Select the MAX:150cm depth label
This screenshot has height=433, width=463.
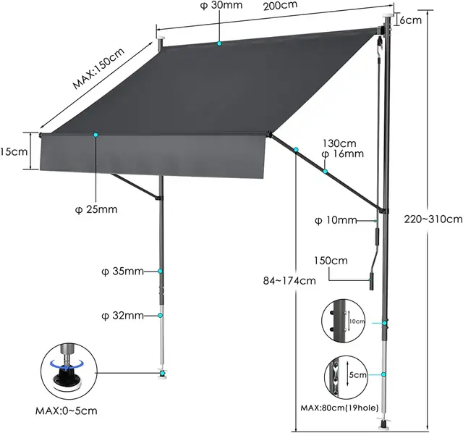98,67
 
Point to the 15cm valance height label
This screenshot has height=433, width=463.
14,152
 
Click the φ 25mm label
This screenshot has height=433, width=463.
96,210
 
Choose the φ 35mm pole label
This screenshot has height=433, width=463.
123,272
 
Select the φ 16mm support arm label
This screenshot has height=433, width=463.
343,154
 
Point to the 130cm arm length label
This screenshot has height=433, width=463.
340,143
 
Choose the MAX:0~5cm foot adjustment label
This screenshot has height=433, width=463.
66,411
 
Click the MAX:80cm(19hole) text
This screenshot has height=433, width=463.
345,408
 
